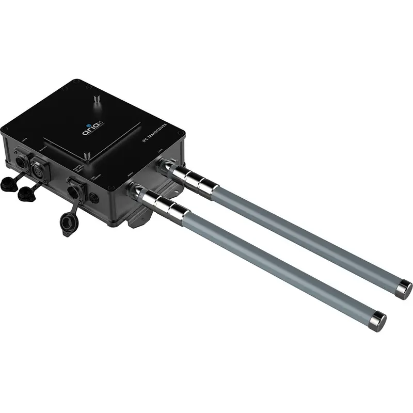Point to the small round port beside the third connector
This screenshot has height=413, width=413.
(x=94, y=198)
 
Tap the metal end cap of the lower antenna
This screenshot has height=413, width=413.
(x=379, y=320)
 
